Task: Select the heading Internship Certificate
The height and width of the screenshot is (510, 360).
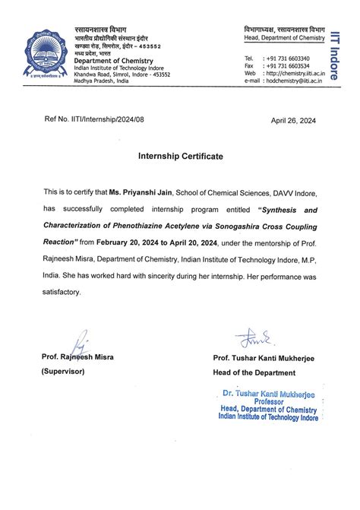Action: pyautogui.click(x=180, y=156)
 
